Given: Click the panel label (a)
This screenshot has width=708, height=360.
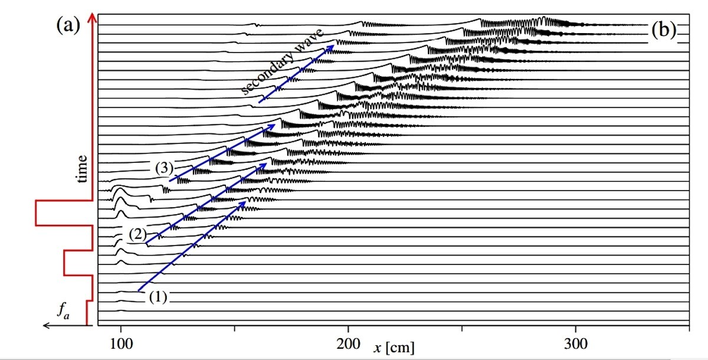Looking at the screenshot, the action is coord(68,25).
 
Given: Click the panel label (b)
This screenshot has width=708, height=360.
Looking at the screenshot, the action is coord(664,30).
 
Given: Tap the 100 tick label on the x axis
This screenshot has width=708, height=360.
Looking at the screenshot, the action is coord(121,344).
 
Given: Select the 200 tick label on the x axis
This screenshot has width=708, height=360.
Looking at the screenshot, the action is coord(348,344).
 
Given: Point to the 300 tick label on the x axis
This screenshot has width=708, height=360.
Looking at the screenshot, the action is coord(576,344).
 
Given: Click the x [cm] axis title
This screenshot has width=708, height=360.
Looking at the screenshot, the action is coord(394,348).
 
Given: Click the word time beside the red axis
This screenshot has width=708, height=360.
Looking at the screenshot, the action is coord(81,169).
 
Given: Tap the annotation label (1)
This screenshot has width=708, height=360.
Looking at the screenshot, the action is coord(158,297).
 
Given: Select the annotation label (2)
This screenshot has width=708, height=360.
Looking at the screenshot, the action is coord(138,234).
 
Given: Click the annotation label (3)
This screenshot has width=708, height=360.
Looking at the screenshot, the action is coord(165,168).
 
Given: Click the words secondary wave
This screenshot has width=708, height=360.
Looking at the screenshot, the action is coord(282,61).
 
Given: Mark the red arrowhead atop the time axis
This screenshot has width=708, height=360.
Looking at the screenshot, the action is coord(92,17).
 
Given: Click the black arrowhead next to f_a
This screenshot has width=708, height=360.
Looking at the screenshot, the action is coord(46,325).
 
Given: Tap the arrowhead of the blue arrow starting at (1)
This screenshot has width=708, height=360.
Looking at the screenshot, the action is coord(242,204).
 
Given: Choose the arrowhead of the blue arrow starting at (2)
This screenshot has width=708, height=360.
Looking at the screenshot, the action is coord(264,166).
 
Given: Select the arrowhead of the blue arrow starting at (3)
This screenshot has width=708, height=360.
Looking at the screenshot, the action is coord(271,126).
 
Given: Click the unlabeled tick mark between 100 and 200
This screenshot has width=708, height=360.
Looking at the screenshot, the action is coord(234,328).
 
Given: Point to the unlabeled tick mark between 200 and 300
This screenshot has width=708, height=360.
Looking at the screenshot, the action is coord(462,328).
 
